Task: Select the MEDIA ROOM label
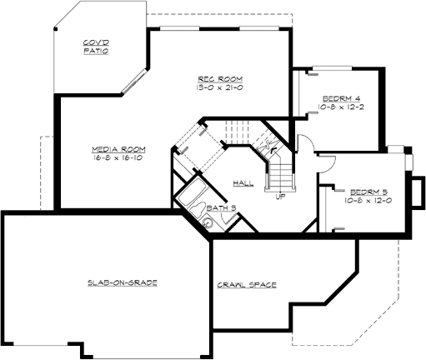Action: (x=116, y=149)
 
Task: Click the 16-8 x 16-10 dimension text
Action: (x=116, y=157)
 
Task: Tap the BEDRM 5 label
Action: (x=368, y=191)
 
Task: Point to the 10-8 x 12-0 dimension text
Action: (x=368, y=200)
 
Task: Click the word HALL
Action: (x=243, y=182)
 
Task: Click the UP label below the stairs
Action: (x=279, y=197)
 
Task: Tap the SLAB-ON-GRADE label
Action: (x=123, y=282)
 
